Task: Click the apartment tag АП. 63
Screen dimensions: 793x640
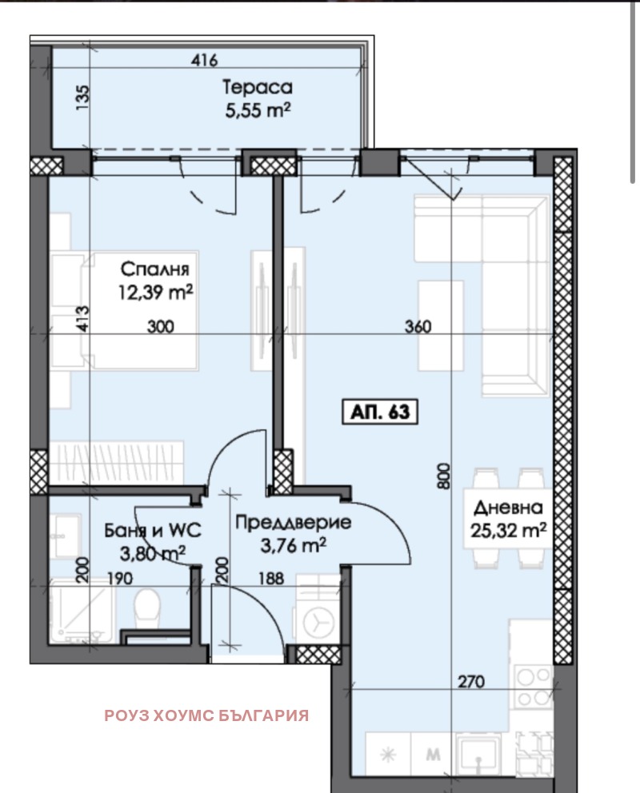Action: click(380, 412)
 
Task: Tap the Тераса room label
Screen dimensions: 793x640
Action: click(257, 87)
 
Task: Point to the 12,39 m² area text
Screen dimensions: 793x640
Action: click(157, 293)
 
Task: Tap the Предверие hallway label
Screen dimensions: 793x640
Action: click(293, 524)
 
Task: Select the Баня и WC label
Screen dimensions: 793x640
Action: click(152, 529)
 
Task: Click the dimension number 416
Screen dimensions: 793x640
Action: click(205, 60)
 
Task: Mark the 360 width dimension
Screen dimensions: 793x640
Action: click(418, 326)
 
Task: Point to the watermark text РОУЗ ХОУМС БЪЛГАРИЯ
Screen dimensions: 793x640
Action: click(206, 715)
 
